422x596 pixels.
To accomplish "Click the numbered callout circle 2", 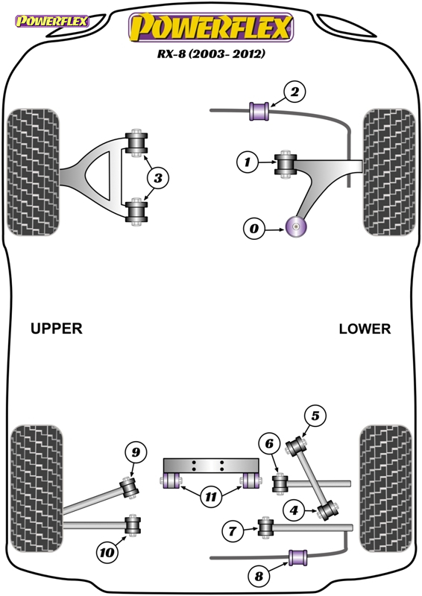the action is [x=295, y=92].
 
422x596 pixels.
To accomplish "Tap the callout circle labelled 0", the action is [x=253, y=229].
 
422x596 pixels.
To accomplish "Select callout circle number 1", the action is [x=248, y=162].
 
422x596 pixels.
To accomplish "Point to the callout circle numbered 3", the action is [x=158, y=177].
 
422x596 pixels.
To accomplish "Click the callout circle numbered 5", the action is [x=315, y=416].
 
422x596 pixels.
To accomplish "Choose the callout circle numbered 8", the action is [x=259, y=576].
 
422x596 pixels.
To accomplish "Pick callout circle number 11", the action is [x=211, y=496].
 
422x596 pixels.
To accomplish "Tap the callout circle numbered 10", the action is [x=107, y=552].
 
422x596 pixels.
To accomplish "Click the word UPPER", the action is [x=57, y=329].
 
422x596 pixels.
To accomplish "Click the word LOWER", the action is [x=365, y=329].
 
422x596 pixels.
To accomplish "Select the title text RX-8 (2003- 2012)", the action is [x=212, y=54].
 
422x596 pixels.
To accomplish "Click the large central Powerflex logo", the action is [x=211, y=27].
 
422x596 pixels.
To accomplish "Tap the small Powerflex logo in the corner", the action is [x=51, y=21].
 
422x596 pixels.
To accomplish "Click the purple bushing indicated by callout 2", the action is [x=259, y=111].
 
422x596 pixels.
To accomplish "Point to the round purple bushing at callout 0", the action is [x=296, y=227].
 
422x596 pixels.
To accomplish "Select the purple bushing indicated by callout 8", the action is [x=298, y=557].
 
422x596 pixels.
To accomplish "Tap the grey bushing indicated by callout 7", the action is [x=265, y=527].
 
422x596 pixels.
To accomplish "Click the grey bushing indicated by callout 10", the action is [x=133, y=525].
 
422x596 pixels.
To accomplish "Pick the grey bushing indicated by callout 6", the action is [x=280, y=483].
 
